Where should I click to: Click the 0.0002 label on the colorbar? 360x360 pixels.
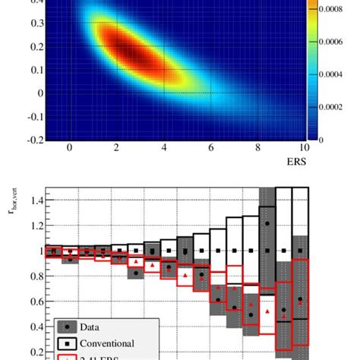coord(337,107)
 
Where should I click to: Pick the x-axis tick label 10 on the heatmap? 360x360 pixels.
coord(304,149)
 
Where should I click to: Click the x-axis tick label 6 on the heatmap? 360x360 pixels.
coord(210,149)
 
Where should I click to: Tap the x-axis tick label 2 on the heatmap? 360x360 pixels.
coord(117,149)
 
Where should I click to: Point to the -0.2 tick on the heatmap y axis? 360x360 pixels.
coord(34,140)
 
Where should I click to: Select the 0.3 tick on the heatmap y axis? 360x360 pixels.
coord(36,23)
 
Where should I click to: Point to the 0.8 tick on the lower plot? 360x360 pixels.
coord(34,276)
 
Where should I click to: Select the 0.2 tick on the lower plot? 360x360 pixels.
coord(34,352)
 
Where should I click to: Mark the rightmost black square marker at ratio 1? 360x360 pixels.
coord(301,251)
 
